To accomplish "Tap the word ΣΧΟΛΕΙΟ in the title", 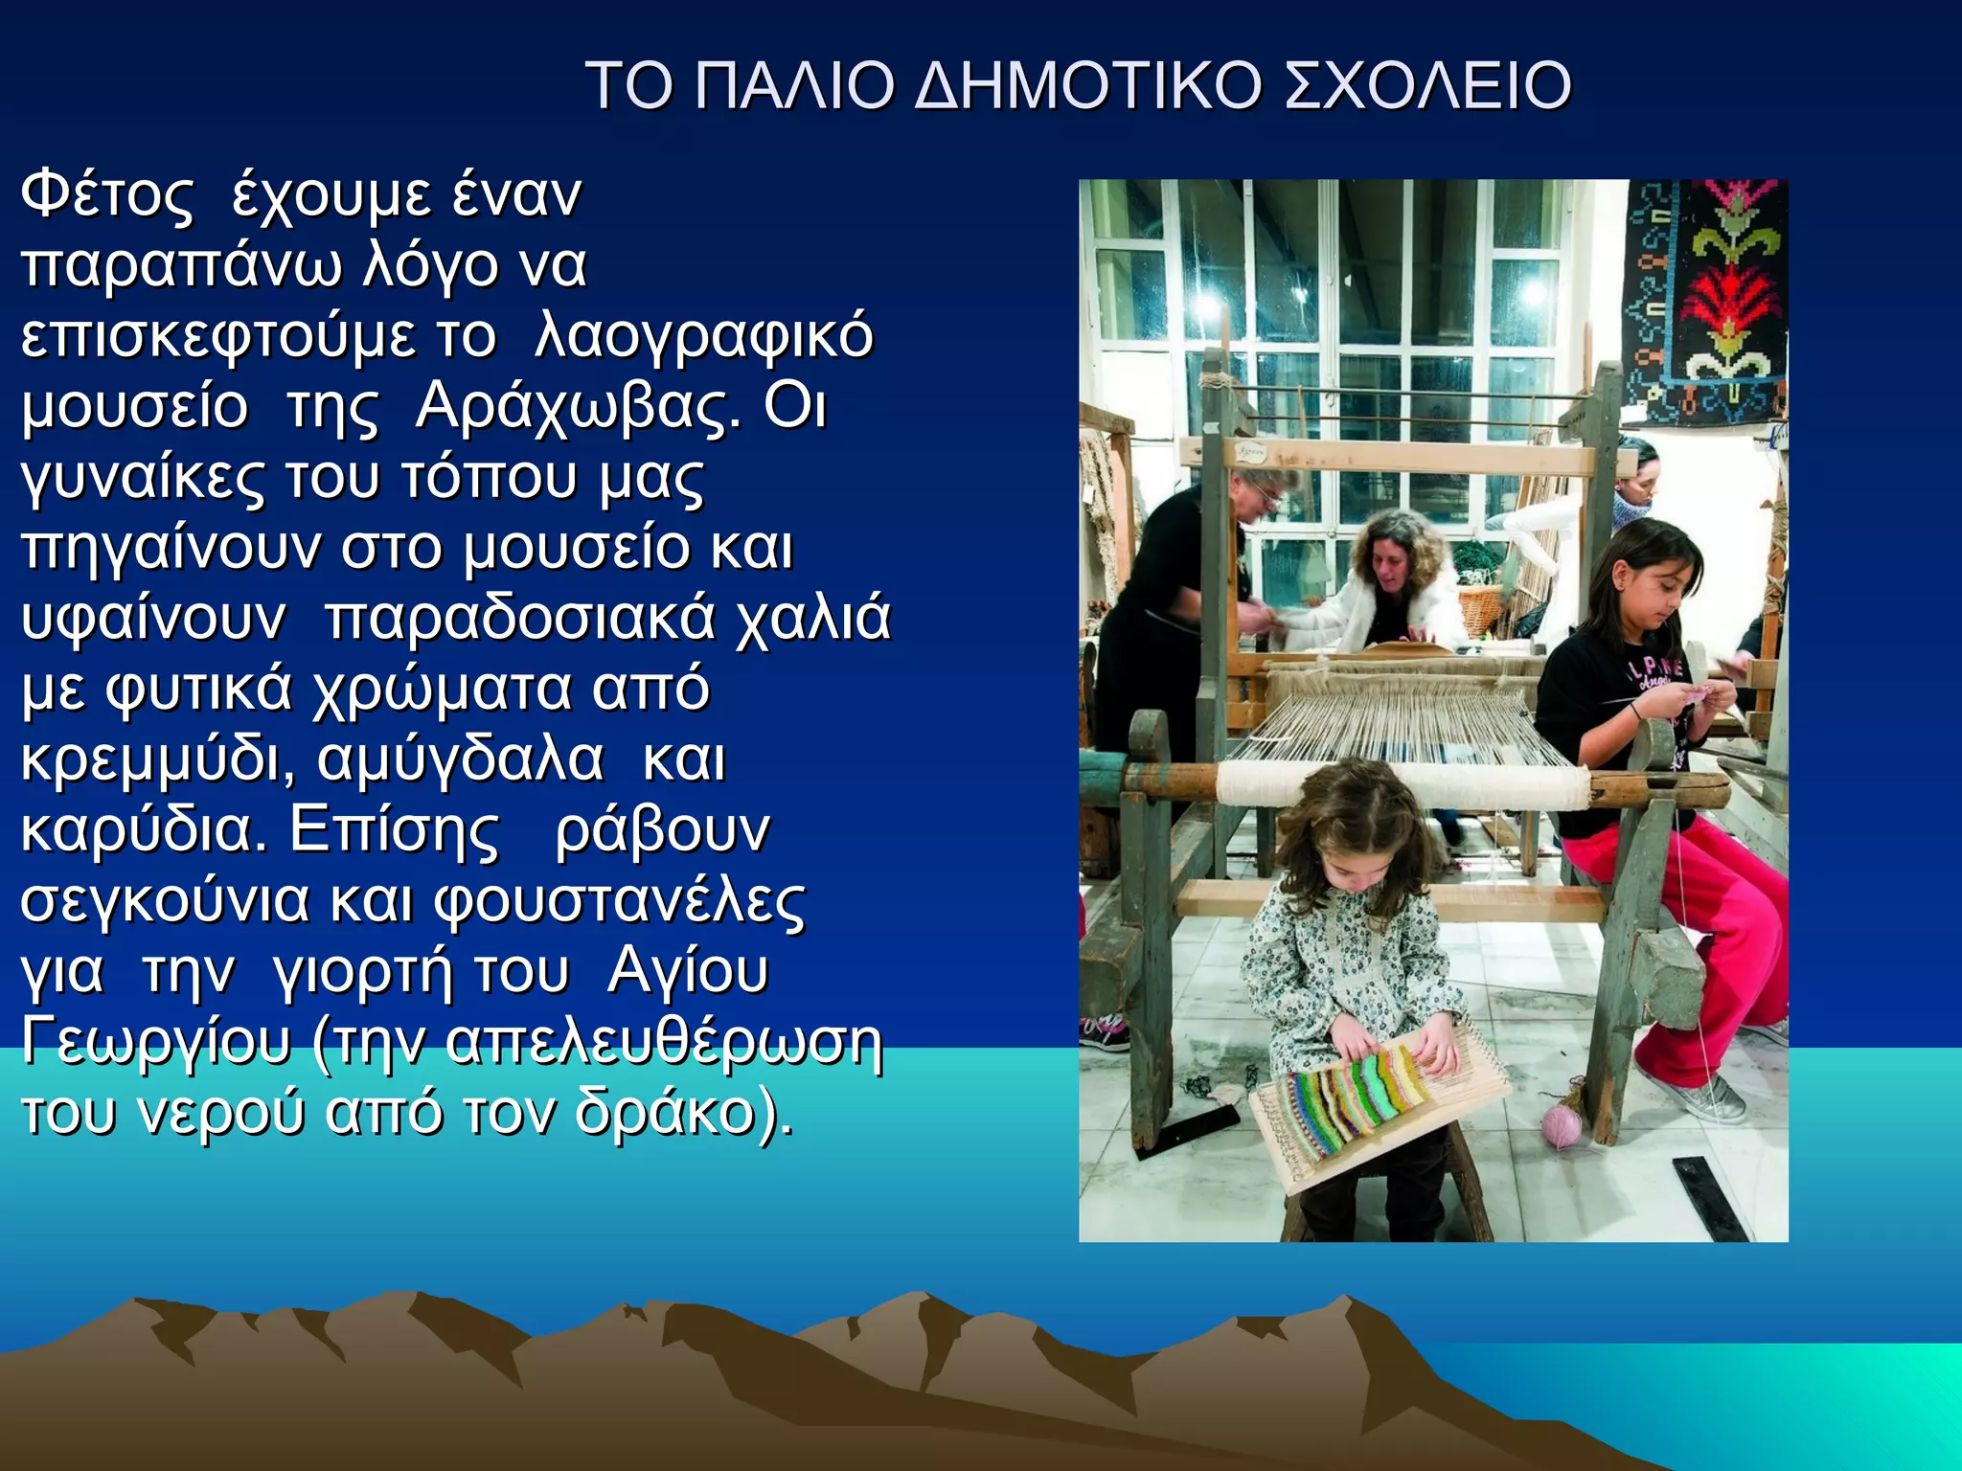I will [1426, 86].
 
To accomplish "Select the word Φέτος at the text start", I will [107, 195].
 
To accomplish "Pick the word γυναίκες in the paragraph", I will [142, 479].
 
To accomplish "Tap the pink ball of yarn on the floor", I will [1562, 1125].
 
